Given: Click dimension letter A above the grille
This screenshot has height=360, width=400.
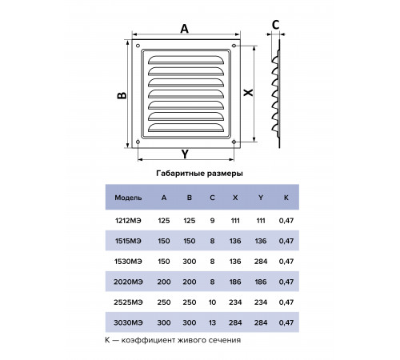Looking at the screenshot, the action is point(185,29).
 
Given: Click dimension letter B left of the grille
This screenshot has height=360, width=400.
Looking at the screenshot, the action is point(122,95).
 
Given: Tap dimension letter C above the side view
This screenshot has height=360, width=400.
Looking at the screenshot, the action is point(276,25).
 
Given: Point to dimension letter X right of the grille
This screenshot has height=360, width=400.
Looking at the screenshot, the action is point(249,93).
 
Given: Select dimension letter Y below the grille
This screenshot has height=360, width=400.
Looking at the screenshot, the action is point(185,154).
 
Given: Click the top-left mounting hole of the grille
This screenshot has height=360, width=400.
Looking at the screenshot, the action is point(138,46).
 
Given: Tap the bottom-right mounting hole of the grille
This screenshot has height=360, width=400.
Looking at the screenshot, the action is point(234,142).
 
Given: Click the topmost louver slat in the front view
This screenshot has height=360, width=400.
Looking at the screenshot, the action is point(186,60).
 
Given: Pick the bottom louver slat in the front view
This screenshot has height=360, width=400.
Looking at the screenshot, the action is point(186,127).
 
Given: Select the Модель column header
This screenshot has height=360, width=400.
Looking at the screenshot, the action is point(128,198).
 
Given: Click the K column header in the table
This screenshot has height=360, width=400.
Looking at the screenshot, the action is point(286,198).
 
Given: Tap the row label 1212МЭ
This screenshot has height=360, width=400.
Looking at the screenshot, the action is point(128,221).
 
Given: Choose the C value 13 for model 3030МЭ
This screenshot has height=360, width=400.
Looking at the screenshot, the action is point(212,322).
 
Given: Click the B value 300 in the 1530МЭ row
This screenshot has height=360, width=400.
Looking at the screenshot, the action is point(190,262).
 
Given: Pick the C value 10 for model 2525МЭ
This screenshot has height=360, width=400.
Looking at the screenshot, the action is point(212,302).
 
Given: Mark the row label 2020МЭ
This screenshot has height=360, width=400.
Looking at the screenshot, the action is point(128,282).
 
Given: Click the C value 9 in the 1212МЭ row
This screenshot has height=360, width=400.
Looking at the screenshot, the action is point(212,221).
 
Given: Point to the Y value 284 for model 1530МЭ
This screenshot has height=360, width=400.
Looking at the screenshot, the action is point(261,262).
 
